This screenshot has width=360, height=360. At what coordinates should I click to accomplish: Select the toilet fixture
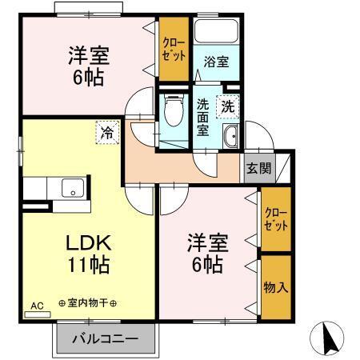tap(171, 114)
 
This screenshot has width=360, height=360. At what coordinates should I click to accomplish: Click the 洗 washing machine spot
tap(228, 105)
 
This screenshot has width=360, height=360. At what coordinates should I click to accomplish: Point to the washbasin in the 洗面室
tap(231, 136)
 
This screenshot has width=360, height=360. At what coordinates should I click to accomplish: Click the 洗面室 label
tap(203, 115)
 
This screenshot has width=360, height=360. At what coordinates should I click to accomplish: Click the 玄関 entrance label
tap(258, 167)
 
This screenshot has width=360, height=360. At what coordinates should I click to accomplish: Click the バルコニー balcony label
tap(102, 338)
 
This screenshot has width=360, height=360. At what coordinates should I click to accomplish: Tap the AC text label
tap(37, 306)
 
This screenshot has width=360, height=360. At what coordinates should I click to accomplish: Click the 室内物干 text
tap(88, 304)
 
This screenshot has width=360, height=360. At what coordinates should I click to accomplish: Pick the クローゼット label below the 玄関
tap(275, 218)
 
